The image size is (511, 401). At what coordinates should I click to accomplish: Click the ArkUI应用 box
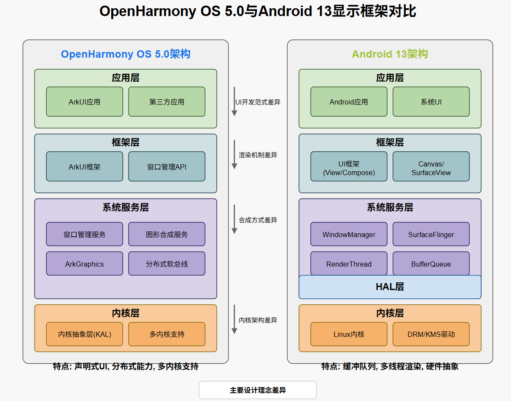click(84, 102)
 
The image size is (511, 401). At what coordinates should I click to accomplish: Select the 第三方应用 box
click(167, 102)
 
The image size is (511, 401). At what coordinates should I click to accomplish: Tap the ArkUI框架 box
click(84, 166)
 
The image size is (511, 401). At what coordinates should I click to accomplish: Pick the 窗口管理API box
click(167, 166)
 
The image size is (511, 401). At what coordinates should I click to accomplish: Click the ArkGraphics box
click(84, 264)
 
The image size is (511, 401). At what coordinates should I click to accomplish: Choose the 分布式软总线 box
click(167, 264)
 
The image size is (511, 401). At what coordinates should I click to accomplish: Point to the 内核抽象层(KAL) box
click(84, 334)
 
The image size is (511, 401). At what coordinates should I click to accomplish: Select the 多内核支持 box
click(167, 334)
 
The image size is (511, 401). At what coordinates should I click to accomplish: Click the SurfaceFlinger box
click(431, 235)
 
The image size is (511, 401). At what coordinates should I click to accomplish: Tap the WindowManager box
click(349, 235)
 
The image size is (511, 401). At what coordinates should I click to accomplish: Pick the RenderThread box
click(349, 264)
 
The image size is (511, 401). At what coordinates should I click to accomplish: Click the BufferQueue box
click(431, 264)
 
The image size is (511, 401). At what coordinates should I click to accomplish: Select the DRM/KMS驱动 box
click(431, 334)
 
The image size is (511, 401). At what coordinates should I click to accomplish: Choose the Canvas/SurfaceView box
click(431, 168)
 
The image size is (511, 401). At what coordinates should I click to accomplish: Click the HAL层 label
click(390, 287)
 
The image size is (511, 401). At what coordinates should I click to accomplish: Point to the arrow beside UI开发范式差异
click(234, 102)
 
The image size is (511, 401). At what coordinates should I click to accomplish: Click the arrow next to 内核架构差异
click(234, 319)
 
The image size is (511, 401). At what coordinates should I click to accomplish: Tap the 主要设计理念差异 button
click(257, 390)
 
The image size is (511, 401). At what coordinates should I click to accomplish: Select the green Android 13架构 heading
click(390, 54)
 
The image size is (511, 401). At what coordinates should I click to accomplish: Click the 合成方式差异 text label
click(258, 220)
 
